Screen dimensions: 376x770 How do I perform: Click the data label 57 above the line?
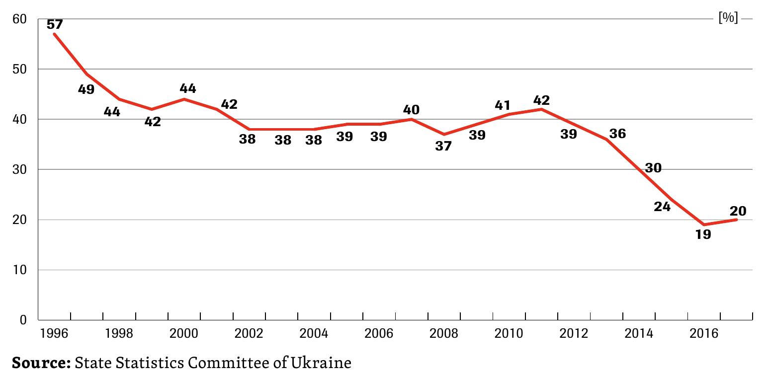(x=55, y=24)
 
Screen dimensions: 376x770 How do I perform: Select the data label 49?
(x=86, y=90)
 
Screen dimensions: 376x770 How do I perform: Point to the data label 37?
(x=443, y=146)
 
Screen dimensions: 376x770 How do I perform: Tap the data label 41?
(x=503, y=105)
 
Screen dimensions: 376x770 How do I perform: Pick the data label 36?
(x=617, y=134)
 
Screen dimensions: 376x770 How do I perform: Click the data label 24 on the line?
(x=662, y=206)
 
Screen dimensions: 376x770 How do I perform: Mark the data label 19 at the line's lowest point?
(x=703, y=234)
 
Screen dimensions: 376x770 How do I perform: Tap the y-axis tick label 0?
(x=23, y=320)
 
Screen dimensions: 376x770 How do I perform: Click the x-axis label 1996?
(x=54, y=333)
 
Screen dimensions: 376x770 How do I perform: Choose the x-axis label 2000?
(x=183, y=333)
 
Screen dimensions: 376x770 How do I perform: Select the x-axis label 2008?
(x=443, y=333)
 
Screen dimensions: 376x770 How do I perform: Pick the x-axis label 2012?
(x=573, y=333)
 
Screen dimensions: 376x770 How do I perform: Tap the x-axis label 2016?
(x=703, y=333)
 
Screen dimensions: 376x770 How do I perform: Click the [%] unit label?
(x=728, y=19)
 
